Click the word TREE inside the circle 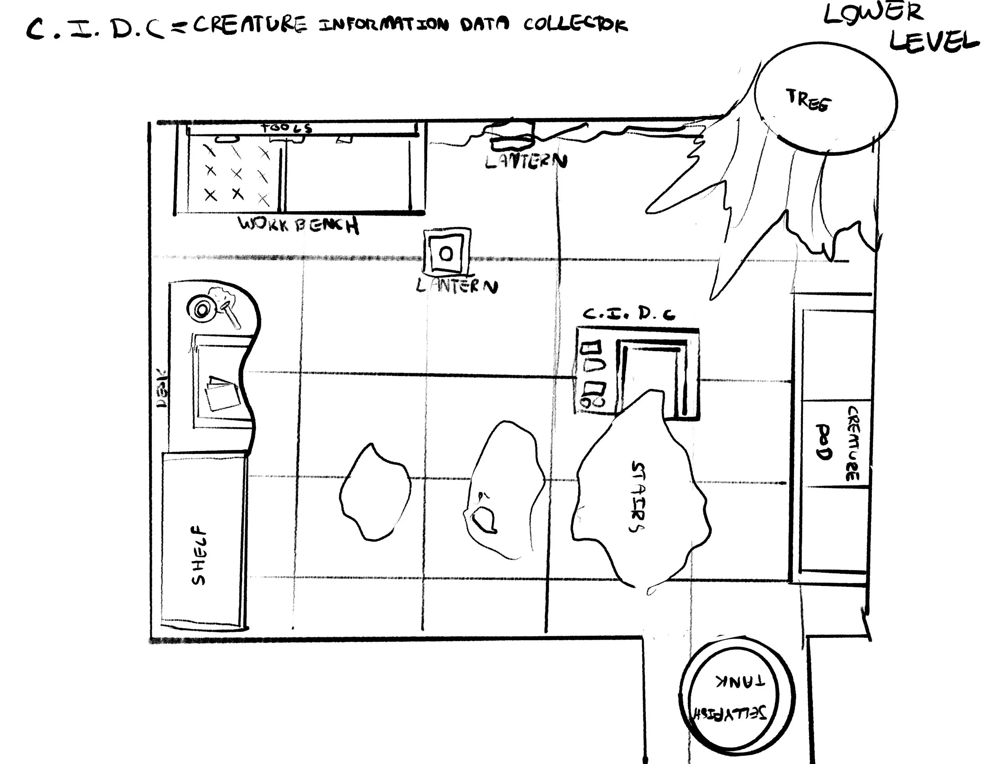808,100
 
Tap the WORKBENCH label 298,225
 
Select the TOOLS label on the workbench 287,128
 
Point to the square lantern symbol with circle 447,253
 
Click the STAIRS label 638,497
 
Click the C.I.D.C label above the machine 629,314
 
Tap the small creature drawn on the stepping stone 484,519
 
